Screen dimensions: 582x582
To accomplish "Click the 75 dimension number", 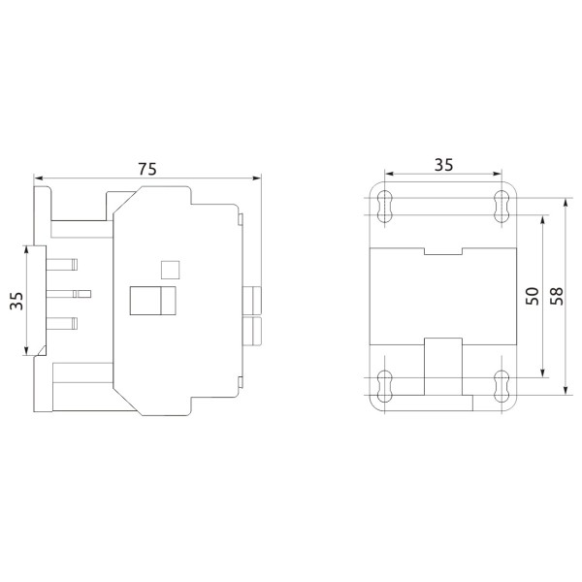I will [x=146, y=168].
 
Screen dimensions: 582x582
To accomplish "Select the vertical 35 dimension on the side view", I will [x=16, y=301].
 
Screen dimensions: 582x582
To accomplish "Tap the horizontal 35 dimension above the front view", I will [x=443, y=165].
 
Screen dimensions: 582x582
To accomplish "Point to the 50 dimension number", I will [x=532, y=296].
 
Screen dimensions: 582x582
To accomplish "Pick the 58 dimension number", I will [x=556, y=296].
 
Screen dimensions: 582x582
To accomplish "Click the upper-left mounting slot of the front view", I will [x=385, y=204].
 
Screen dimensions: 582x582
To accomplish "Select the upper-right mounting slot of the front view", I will [x=501, y=204].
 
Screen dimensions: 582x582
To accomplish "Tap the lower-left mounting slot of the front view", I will [x=385, y=386].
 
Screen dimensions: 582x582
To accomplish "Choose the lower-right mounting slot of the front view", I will [x=501, y=386].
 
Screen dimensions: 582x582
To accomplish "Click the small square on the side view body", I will [x=169, y=269].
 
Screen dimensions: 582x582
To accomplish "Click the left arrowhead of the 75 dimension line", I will [x=38, y=178].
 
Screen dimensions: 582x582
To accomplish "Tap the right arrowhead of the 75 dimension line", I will [x=258, y=178].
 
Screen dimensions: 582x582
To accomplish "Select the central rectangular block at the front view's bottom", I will [x=443, y=367].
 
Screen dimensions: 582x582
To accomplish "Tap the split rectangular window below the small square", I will [x=153, y=302].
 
